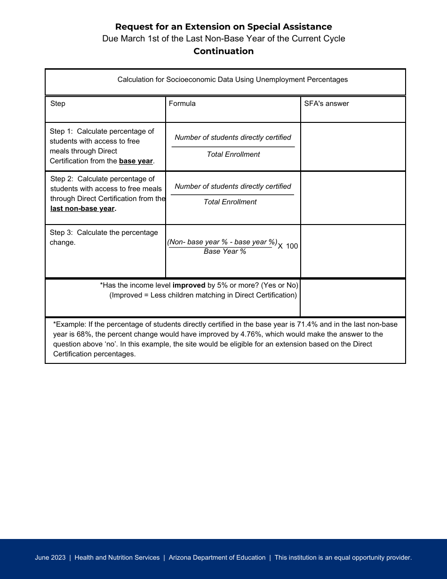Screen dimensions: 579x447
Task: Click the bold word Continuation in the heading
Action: click(x=223, y=51)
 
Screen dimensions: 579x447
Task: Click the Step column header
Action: click(x=58, y=104)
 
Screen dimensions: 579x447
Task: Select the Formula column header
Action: click(x=182, y=104)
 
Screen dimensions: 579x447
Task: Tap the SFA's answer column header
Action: click(x=327, y=104)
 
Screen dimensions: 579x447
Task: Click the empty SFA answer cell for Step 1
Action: click(x=353, y=146)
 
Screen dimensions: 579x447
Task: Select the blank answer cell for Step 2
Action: click(x=353, y=198)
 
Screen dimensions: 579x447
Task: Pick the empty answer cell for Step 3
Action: click(x=353, y=251)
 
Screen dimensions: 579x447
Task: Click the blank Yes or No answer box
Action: click(x=353, y=298)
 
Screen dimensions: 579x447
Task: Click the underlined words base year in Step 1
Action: click(x=136, y=161)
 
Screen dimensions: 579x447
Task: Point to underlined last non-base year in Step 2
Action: click(x=83, y=209)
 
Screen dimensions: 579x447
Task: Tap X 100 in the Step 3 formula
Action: click(x=287, y=246)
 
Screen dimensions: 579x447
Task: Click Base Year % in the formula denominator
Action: click(x=225, y=252)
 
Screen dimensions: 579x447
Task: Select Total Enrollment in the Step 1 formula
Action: click(x=233, y=154)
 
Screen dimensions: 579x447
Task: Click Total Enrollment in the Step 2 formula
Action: click(x=230, y=202)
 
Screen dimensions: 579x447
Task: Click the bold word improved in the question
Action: click(x=189, y=285)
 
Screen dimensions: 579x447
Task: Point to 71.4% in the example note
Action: click(x=307, y=324)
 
